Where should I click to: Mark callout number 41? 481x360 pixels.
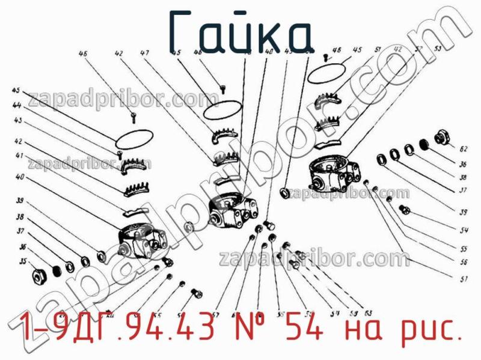19,156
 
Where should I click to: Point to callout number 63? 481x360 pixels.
367,312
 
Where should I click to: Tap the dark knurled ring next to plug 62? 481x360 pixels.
423,144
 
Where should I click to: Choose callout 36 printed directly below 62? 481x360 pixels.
463,164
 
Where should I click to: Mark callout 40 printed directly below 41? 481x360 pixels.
19,177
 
